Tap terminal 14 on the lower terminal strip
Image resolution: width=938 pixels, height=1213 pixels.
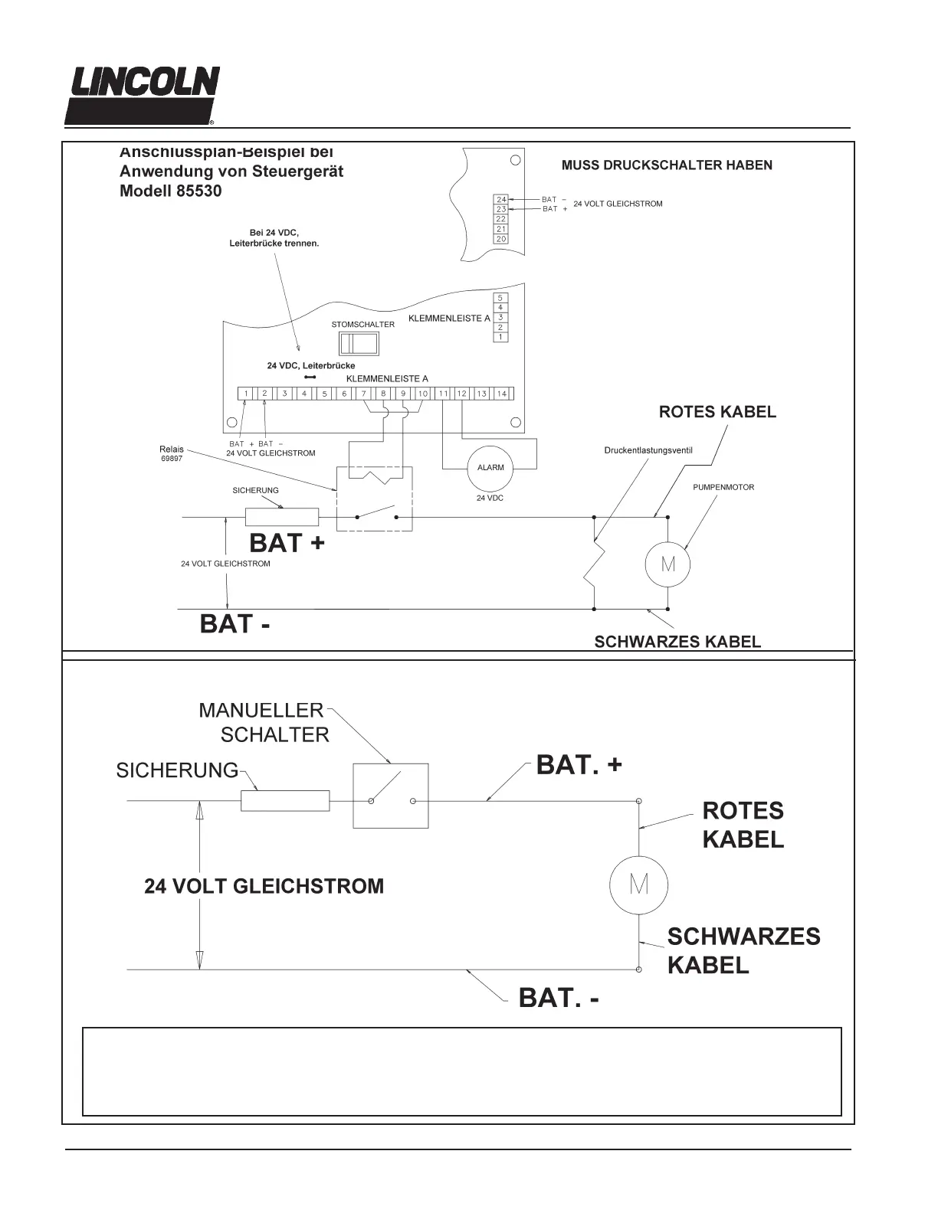click(501, 394)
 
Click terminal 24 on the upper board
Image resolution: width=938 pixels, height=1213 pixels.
click(501, 199)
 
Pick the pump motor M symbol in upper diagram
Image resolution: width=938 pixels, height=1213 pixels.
click(667, 565)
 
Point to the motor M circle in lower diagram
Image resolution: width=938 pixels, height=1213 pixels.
click(639, 884)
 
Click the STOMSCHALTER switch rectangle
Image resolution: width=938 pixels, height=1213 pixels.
click(359, 344)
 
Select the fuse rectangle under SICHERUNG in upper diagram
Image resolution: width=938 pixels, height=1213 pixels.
click(281, 517)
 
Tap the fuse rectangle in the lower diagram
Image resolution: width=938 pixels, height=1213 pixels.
click(285, 801)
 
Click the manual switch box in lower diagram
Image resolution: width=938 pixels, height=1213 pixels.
click(390, 796)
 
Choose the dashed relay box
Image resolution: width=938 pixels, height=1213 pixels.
click(374, 499)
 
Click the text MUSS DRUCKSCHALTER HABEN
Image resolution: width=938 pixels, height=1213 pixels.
click(667, 165)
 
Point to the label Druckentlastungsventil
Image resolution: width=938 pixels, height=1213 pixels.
click(648, 450)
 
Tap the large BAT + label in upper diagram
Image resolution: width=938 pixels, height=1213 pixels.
click(287, 543)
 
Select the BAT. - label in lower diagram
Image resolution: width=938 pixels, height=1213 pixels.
click(559, 998)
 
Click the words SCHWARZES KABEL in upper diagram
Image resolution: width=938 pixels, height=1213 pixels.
click(677, 642)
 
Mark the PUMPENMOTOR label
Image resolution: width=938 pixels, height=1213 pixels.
click(723, 487)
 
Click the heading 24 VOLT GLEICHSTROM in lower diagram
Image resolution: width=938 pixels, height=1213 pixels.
click(264, 886)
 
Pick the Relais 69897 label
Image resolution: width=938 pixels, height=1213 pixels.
click(172, 454)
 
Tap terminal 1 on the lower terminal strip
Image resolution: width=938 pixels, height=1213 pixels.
click(245, 394)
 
